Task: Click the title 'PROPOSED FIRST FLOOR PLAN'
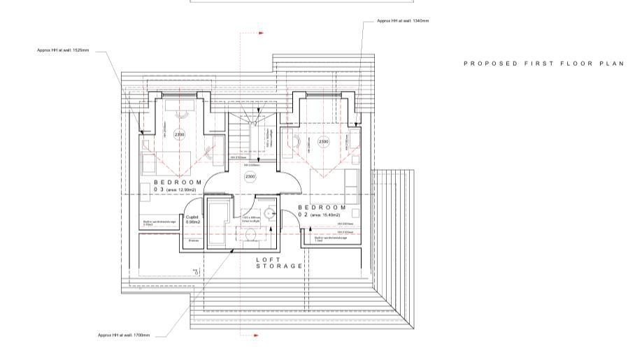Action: (543, 64)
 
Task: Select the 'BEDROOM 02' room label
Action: (322, 210)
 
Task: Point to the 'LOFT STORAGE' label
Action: (279, 262)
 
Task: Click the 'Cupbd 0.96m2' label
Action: (192, 219)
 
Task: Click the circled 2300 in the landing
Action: (250, 177)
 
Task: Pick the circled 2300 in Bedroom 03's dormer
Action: (179, 135)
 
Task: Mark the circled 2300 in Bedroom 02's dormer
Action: (324, 142)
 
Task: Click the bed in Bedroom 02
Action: (335, 183)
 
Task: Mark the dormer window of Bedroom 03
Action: (178, 94)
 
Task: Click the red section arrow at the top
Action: (261, 32)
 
